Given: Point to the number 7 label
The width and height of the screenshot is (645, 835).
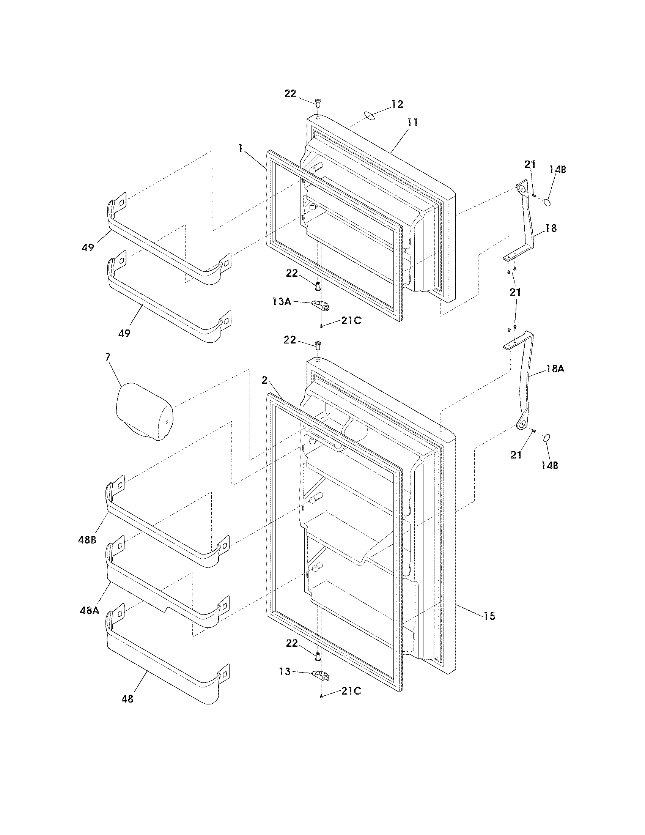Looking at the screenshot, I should pos(107,357).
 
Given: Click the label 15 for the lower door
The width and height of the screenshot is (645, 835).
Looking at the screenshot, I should pos(489,616).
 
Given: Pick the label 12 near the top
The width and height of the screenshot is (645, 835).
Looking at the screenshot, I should pos(397,104).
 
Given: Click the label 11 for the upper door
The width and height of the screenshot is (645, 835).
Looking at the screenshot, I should pos(412,123).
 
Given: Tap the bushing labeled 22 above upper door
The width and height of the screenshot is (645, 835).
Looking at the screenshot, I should pos(318,102).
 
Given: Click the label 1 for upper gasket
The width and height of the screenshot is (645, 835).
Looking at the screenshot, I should pos(240,149).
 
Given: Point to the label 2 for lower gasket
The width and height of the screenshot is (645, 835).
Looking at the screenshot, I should pos(264,380).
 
